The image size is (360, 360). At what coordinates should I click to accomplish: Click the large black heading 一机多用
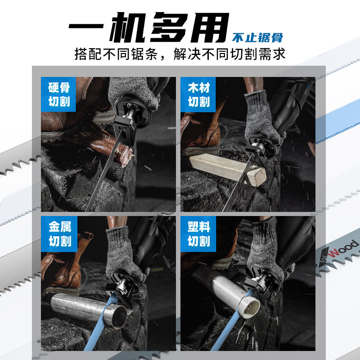coord(149,27)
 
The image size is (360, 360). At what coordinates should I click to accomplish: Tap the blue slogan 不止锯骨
coord(257,38)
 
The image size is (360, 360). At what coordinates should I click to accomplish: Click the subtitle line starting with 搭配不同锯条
coord(180,54)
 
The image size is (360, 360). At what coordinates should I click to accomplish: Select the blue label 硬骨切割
coord(59,94)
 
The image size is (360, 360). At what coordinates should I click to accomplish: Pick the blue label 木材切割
coord(198,94)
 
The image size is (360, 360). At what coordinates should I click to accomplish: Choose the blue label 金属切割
coord(59,234)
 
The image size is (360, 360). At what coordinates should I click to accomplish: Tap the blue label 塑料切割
coord(198,234)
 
